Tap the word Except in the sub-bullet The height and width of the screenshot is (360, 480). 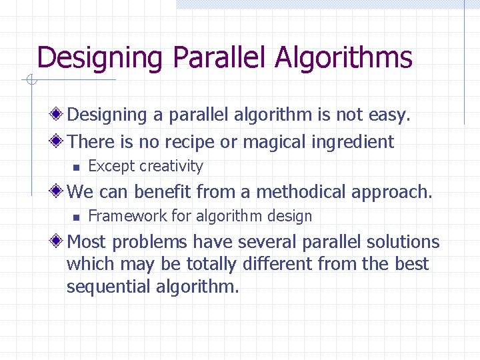[111, 166]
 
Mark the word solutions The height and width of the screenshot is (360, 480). [402, 241]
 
